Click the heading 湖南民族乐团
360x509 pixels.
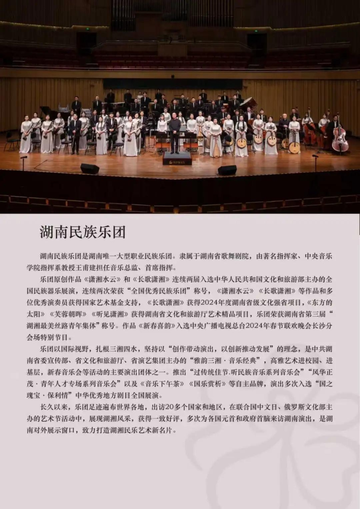click(x=83, y=232)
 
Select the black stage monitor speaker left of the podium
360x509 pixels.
click(x=90, y=168)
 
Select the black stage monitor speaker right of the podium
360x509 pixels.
click(x=227, y=170)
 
